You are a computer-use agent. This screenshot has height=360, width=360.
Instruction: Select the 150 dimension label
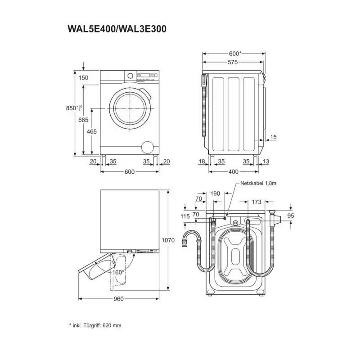84,78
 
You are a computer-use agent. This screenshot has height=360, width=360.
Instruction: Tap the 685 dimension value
83,120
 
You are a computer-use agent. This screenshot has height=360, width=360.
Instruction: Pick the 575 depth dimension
232,63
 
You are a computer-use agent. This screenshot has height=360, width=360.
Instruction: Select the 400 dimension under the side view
233,171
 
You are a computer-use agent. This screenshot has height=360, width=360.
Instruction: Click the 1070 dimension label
168,240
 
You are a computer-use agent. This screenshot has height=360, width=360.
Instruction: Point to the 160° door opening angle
118,272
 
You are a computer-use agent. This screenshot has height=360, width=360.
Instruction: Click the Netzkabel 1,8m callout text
258,184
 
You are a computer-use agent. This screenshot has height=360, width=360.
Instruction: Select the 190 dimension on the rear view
216,193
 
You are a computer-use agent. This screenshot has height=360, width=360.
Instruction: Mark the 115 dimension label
185,216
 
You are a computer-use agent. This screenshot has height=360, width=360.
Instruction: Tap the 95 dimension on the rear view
291,216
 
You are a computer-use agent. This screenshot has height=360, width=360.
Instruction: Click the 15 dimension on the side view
274,137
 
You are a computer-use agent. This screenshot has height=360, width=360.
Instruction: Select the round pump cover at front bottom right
147,147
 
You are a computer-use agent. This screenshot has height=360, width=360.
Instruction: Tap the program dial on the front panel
130,76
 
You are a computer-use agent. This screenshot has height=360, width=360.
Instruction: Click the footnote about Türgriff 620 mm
95,325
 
